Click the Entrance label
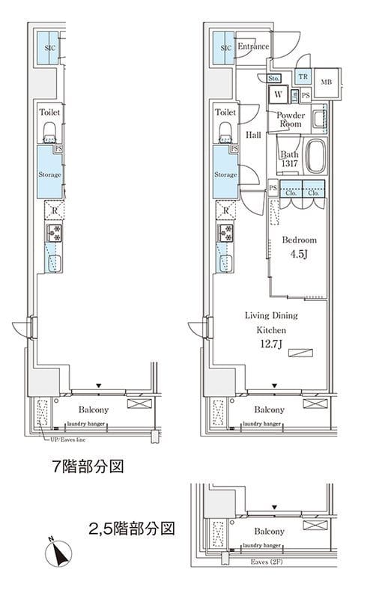[x=253, y=47]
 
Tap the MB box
[x=326, y=82]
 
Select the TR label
[x=303, y=76]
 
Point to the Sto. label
[x=273, y=78]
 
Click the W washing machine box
[x=278, y=94]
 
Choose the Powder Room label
[x=290, y=119]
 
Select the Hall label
[x=253, y=135]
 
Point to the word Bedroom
[x=299, y=240]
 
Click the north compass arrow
[x=58, y=555]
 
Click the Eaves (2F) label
[x=267, y=580]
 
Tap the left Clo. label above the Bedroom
[x=290, y=192]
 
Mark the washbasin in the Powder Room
[x=319, y=118]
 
